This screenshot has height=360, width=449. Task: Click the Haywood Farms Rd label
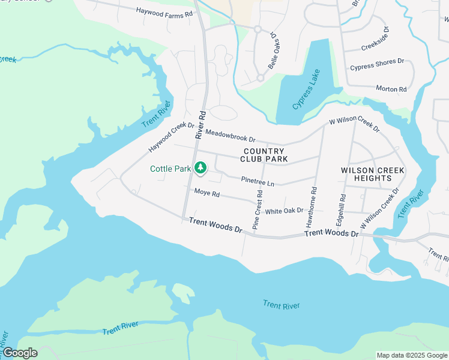pos(164,11)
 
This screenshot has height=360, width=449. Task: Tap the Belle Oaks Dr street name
pos(274,51)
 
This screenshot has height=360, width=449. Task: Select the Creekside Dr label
pos(376,39)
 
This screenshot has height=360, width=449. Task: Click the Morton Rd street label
pos(391,89)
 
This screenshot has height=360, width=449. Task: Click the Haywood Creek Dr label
pos(172,137)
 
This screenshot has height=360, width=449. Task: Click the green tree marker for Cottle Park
pos(202,169)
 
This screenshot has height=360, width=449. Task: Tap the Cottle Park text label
pos(170,169)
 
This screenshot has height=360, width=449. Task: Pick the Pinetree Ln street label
pos(258,180)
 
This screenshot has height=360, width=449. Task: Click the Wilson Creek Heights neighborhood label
pos(372,174)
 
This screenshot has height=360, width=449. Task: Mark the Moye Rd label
pos(207,194)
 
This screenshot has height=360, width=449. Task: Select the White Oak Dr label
pos(285,211)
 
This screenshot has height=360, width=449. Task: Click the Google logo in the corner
pos(20,353)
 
